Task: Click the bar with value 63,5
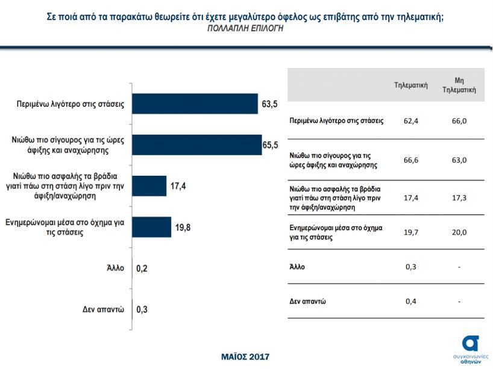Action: click(195, 104)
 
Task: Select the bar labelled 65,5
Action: click(196, 145)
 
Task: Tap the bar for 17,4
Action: click(149, 186)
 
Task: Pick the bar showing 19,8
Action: click(151, 227)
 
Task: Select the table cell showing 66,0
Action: click(459, 120)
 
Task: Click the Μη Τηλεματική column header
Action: click(459, 85)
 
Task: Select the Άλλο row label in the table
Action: click(298, 265)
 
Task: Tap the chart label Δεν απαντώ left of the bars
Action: click(103, 309)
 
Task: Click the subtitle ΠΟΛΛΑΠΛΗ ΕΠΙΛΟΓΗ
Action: click(245, 28)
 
